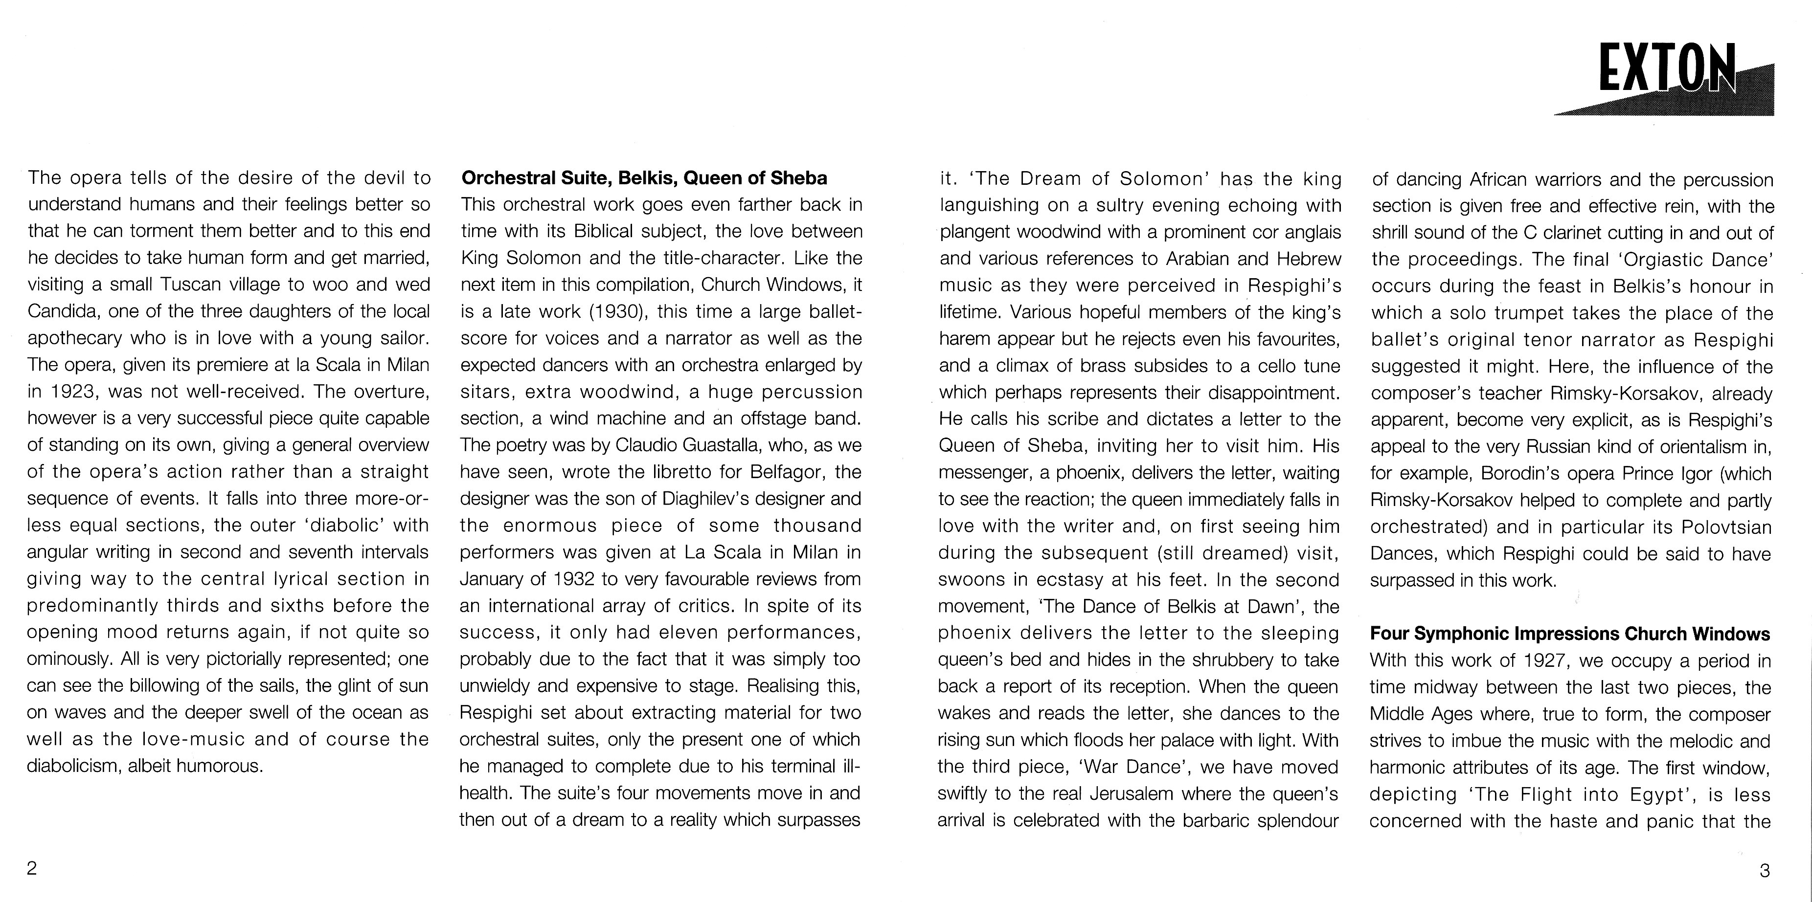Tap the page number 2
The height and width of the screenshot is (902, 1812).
click(x=32, y=868)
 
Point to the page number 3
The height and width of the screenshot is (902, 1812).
click(x=1764, y=870)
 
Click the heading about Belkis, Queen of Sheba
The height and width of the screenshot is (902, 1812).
click(x=644, y=178)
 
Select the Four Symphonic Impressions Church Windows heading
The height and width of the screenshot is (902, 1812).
click(x=1569, y=634)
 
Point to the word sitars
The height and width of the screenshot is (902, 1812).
click(x=487, y=392)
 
